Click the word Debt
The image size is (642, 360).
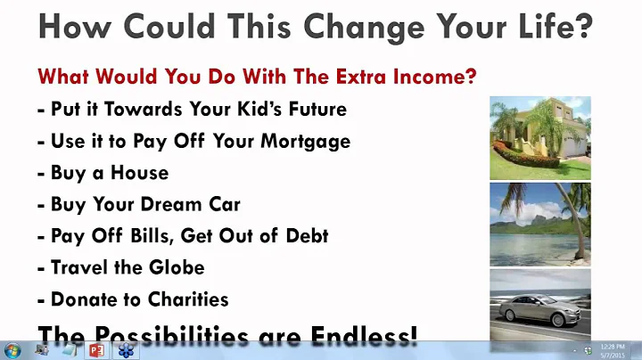point(302,235)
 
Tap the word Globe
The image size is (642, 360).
point(175,266)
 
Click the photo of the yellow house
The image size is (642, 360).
point(539,137)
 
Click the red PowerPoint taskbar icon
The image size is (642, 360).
point(97,349)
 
